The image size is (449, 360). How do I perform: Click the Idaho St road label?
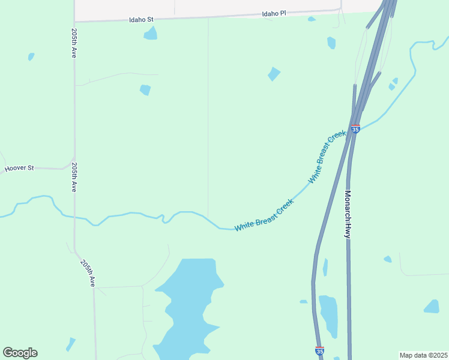click(x=142, y=20)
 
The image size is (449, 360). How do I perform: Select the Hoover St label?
click(x=20, y=169)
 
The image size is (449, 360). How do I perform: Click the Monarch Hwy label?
click(x=347, y=215)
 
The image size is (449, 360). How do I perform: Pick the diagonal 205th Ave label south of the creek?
click(x=88, y=271)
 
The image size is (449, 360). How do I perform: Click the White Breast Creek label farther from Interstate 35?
click(x=264, y=215)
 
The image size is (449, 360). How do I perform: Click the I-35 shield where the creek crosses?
click(x=355, y=129)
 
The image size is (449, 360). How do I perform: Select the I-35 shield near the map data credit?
click(x=320, y=350)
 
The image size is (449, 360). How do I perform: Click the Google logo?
click(x=20, y=353)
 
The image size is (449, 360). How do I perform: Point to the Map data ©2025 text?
click(x=423, y=355)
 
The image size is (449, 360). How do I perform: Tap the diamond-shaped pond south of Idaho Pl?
click(x=274, y=74)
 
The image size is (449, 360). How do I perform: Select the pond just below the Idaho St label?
click(x=150, y=34)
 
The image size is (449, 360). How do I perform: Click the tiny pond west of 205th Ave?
click(x=31, y=56)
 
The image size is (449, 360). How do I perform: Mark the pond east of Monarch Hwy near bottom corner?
click(x=432, y=307)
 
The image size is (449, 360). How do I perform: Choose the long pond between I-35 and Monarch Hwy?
click(x=328, y=315)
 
